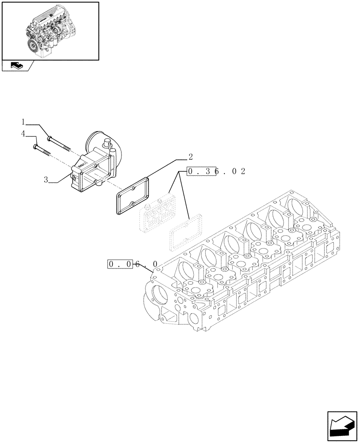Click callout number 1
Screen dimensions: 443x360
[23, 121]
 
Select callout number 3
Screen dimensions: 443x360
[46, 179]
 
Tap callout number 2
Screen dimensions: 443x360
[190, 156]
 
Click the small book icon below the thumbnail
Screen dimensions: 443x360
[16, 66]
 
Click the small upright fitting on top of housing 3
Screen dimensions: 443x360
[106, 143]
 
